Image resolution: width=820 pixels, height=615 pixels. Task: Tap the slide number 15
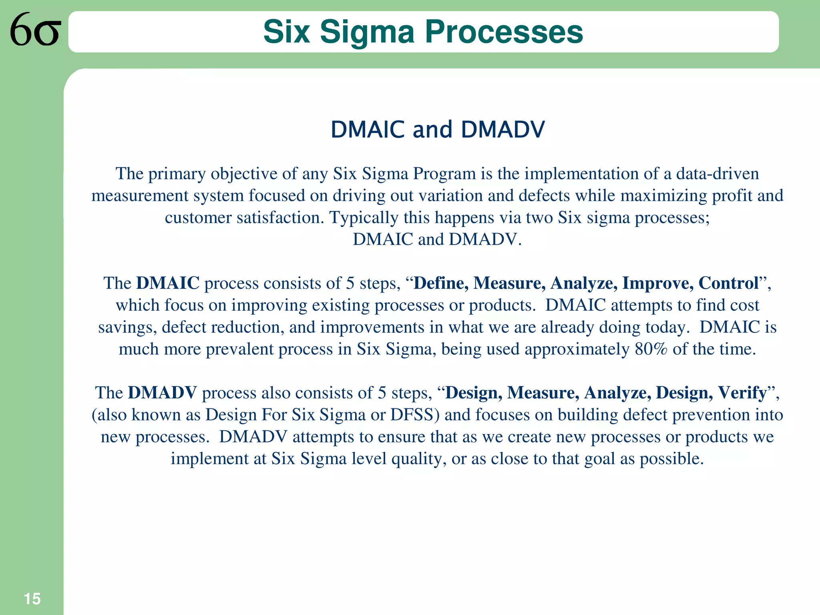32,599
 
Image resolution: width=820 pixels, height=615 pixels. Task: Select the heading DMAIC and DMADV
438,130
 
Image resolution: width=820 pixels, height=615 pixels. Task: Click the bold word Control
728,283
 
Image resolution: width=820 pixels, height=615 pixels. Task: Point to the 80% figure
651,349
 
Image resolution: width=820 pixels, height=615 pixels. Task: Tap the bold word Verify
742,393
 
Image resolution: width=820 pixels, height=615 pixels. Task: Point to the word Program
444,174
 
